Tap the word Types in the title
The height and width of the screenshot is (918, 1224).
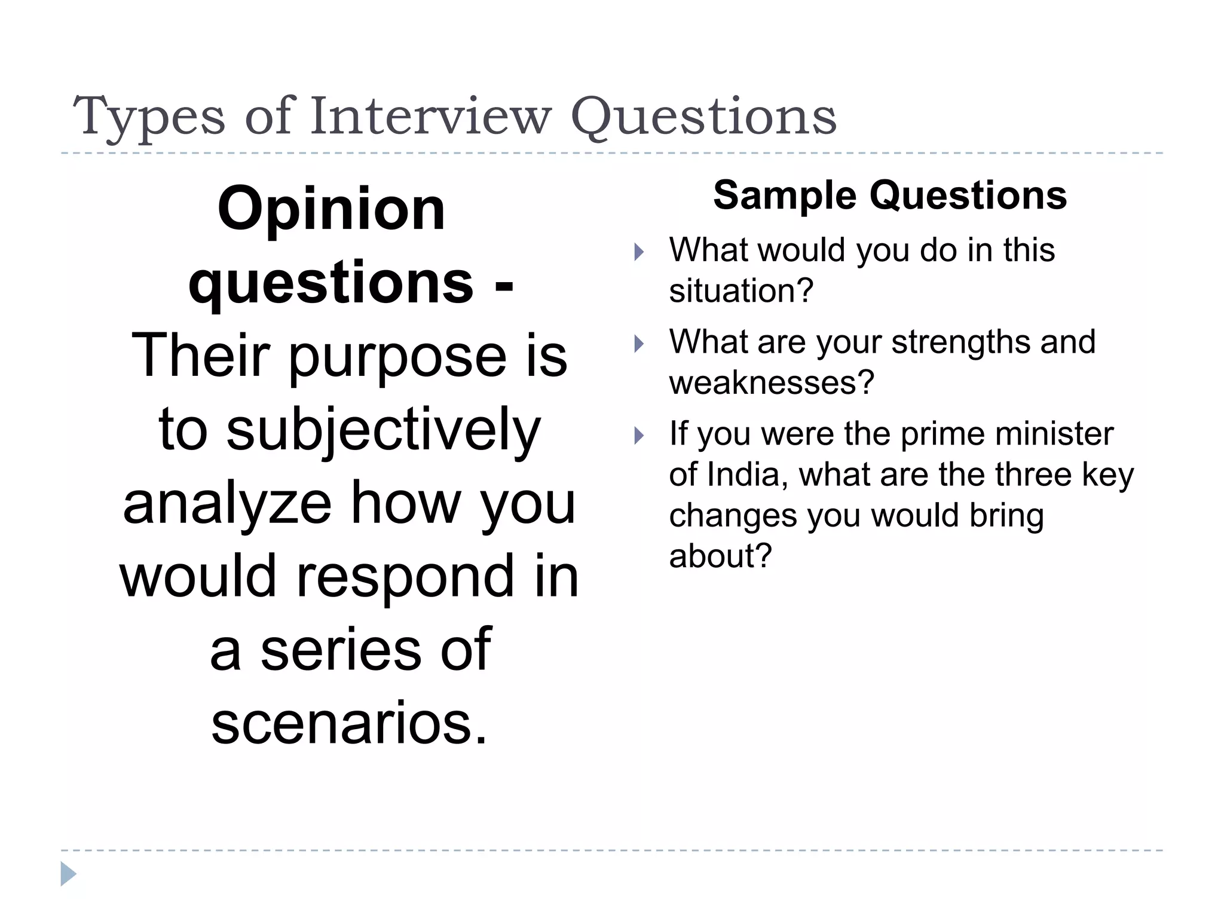(x=149, y=117)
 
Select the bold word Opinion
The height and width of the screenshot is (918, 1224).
(x=332, y=209)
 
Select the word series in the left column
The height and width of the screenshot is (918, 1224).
(x=341, y=650)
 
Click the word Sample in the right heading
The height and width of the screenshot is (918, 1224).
(x=785, y=195)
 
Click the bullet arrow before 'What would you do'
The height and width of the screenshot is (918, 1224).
(x=639, y=252)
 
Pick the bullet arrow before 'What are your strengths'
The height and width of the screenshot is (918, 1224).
(x=639, y=344)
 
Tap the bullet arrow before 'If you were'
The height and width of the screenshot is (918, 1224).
(x=639, y=436)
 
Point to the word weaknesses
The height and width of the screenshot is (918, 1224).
(x=772, y=383)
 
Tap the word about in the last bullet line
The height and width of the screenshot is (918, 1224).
(x=720, y=556)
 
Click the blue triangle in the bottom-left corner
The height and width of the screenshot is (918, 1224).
(x=68, y=874)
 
